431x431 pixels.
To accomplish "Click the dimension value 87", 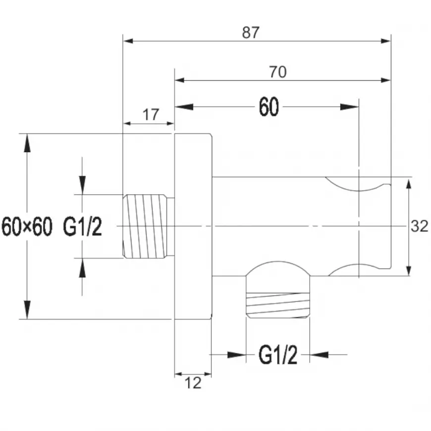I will click(251, 33).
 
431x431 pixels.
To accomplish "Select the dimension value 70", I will click(278, 72).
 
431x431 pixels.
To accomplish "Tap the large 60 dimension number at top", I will click(269, 107).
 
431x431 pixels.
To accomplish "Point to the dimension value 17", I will click(151, 115).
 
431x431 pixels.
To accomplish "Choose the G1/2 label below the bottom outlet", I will click(278, 355).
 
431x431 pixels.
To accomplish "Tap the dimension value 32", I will click(419, 226).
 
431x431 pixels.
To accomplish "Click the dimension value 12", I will click(193, 382).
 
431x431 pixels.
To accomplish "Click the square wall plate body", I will click(193, 226).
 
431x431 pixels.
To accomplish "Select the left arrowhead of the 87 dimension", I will click(129, 41).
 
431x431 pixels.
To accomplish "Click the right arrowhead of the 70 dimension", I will click(385, 79).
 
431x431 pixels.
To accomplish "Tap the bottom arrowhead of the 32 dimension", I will click(408, 268).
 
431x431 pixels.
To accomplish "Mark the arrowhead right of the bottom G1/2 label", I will click(320, 354).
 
